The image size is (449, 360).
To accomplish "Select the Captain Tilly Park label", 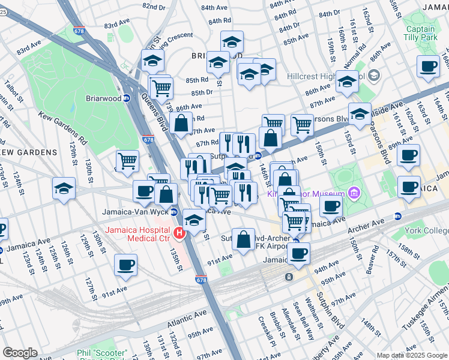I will click(420, 34).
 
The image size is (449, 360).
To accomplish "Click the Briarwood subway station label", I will click(100, 98).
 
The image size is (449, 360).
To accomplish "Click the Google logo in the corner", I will click(20, 353).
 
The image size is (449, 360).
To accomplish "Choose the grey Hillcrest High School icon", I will click(375, 76).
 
